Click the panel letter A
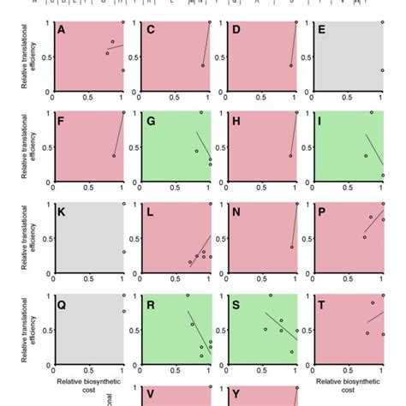[61, 31]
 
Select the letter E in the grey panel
[322, 31]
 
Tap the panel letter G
[149, 122]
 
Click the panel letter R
[149, 304]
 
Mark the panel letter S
[236, 304]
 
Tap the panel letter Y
[236, 395]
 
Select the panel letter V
[149, 395]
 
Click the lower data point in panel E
[383, 70]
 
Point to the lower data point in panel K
[123, 252]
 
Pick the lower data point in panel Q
[123, 311]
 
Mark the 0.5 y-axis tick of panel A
[46, 57]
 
